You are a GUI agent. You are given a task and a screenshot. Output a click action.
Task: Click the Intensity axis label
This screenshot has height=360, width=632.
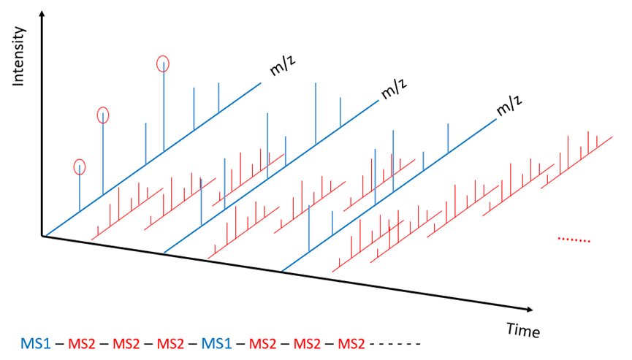point(20,58)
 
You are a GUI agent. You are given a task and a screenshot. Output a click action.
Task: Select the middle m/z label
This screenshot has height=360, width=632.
point(396,91)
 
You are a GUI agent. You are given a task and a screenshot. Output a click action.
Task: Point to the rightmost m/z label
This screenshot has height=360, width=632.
point(511,107)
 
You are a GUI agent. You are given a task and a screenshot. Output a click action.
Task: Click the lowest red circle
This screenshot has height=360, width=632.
point(80,166)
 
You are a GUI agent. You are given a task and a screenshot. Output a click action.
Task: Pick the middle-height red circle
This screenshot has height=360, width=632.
point(103,115)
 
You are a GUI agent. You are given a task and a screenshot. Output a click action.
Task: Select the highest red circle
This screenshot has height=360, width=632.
point(164,63)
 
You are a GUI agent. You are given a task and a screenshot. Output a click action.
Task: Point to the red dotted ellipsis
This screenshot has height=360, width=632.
point(574,240)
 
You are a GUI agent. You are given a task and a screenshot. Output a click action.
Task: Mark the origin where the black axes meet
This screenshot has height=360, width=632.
point(45,237)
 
